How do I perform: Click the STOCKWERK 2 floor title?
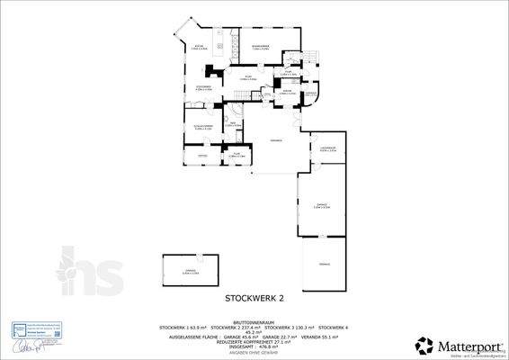(x=254, y=296)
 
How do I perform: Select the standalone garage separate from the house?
(x=190, y=272)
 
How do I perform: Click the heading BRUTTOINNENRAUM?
(x=254, y=320)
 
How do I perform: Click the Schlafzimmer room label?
(x=203, y=127)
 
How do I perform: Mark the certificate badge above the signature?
(x=33, y=328)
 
